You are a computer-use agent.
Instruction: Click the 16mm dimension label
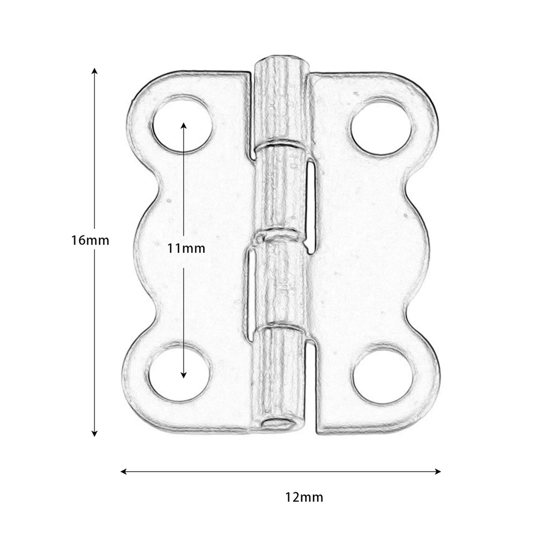pyautogui.click(x=90, y=240)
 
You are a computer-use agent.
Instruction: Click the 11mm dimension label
pyautogui.click(x=186, y=248)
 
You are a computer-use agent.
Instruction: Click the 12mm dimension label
pyautogui.click(x=304, y=497)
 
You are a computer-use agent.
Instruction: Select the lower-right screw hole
pyautogui.click(x=382, y=375)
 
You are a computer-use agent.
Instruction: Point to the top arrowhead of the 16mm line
pyautogui.click(x=95, y=71)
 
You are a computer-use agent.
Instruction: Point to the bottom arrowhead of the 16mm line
pyautogui.click(x=95, y=434)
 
